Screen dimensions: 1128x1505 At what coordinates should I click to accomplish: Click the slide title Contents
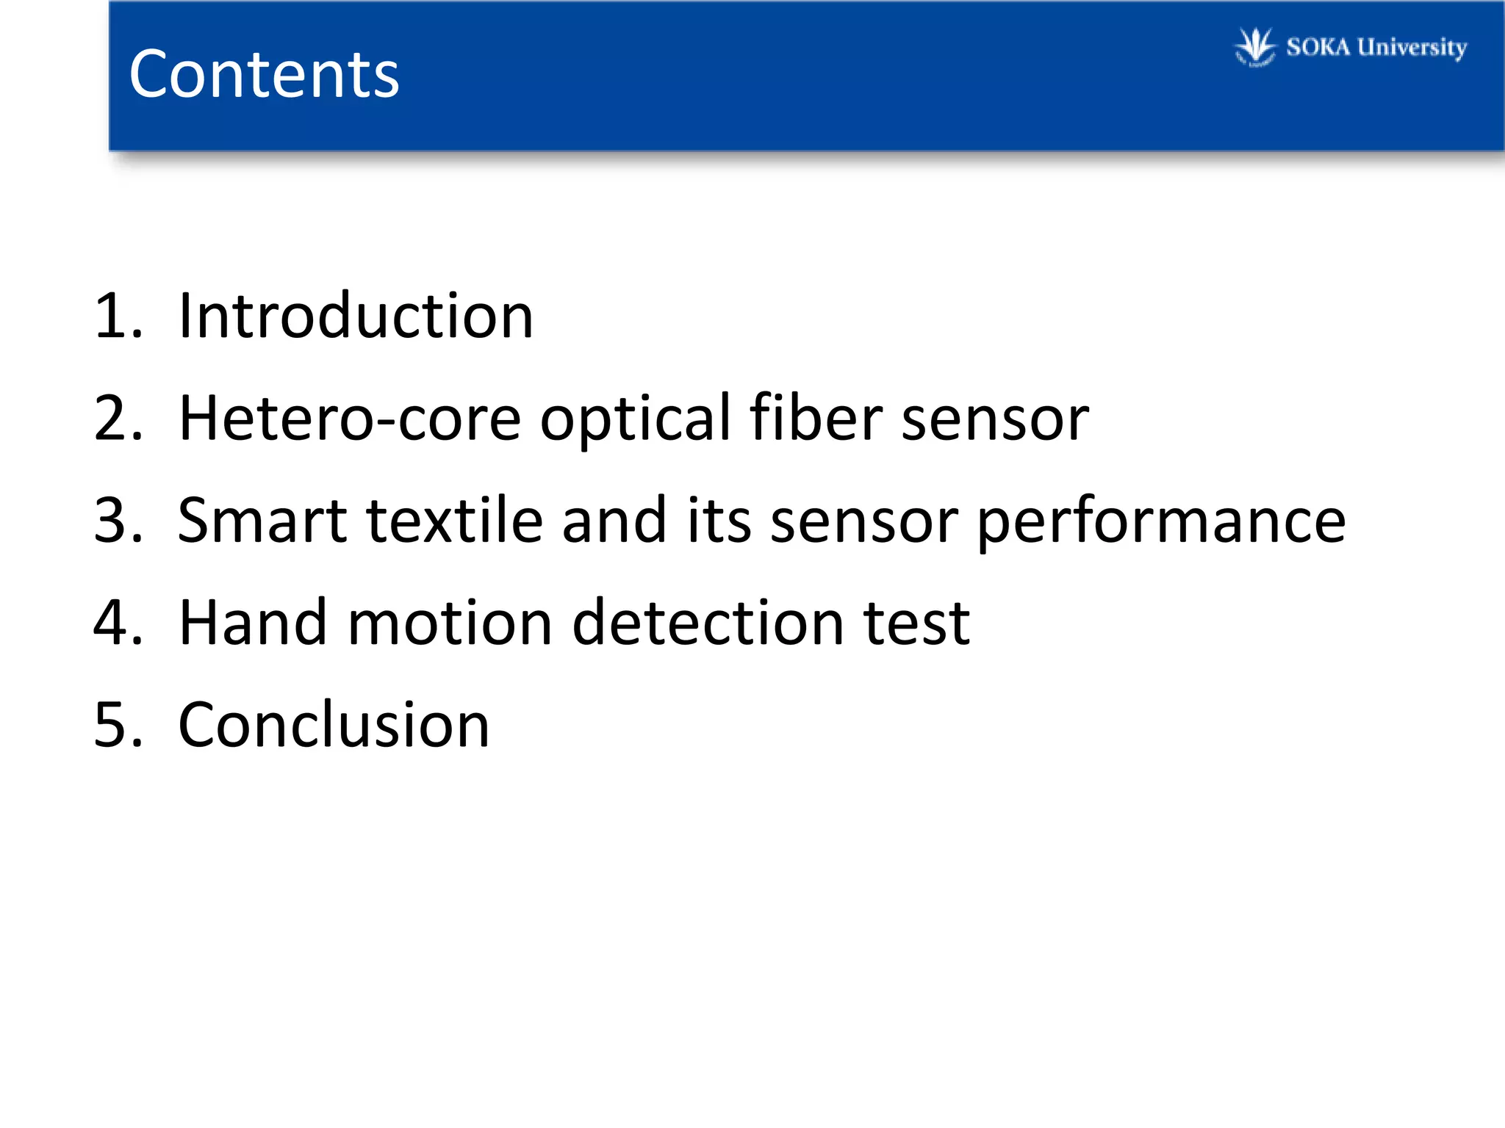(x=264, y=74)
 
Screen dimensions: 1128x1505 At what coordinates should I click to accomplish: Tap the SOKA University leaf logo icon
(x=1255, y=48)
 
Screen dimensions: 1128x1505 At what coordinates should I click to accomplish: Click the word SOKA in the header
(x=1318, y=48)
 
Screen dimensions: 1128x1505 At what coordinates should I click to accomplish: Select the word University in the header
(x=1412, y=48)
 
